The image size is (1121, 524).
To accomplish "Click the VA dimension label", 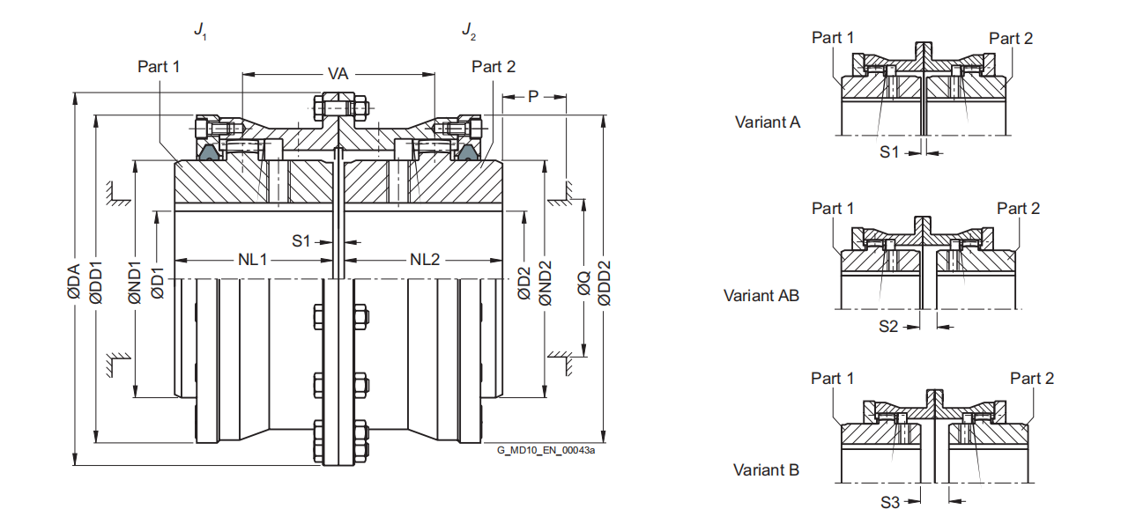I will click(338, 74).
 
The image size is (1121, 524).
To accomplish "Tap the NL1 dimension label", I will click(253, 260).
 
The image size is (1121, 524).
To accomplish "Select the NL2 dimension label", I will click(425, 260).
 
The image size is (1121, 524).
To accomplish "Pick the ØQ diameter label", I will click(583, 283).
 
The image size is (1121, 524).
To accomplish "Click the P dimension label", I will click(533, 96).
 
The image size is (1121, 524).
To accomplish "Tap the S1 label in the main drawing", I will click(302, 240).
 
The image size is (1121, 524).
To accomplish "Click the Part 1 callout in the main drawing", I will click(159, 67).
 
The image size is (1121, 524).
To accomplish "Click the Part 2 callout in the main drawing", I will click(494, 67).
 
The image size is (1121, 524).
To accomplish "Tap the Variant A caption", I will click(768, 122).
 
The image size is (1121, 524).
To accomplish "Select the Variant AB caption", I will click(761, 296).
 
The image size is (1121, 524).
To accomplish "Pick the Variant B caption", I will click(767, 470).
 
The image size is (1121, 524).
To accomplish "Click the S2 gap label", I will click(888, 326).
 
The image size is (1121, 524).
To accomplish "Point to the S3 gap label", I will click(890, 502).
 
